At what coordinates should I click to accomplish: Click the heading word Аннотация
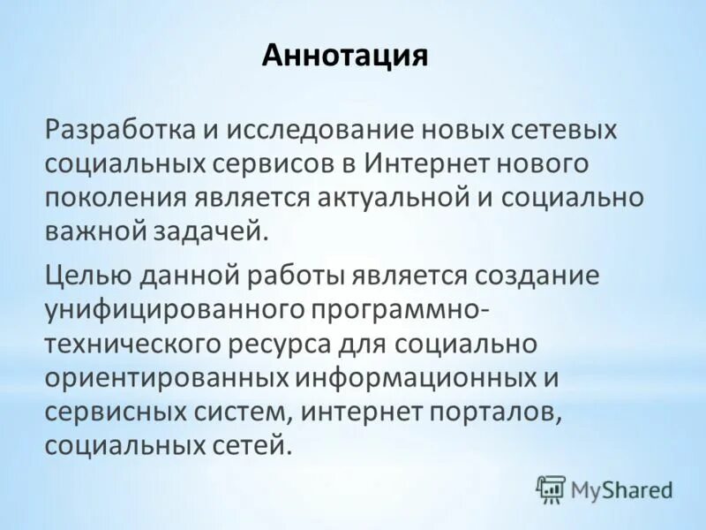click(344, 57)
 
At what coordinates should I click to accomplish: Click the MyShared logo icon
click(551, 488)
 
